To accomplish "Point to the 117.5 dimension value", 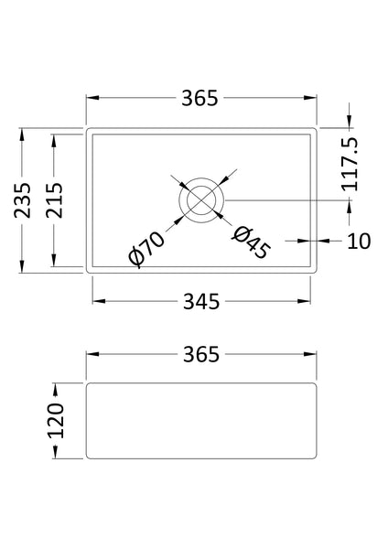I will pyautogui.click(x=350, y=165).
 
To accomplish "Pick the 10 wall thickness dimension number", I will pyautogui.click(x=358, y=241).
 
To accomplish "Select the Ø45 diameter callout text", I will pyautogui.click(x=250, y=242).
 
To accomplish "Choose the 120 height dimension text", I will pyautogui.click(x=57, y=420).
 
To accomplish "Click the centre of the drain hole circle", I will pyautogui.click(x=201, y=199).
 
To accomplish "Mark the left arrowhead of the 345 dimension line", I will pyautogui.click(x=95, y=301).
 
